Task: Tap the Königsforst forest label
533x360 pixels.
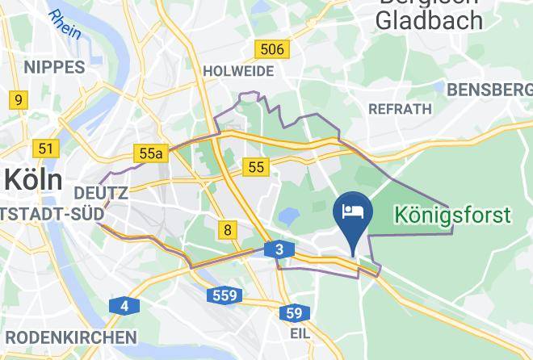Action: click(x=452, y=216)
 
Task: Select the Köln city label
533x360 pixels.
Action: click(x=32, y=179)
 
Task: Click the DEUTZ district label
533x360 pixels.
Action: click(x=100, y=194)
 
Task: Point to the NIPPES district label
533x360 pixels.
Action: click(x=55, y=67)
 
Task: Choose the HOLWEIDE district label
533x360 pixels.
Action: click(x=238, y=71)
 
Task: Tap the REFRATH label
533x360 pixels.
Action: click(x=399, y=108)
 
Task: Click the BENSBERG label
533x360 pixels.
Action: click(x=489, y=89)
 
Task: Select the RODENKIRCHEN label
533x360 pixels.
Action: click(x=68, y=337)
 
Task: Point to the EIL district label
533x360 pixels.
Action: click(x=300, y=331)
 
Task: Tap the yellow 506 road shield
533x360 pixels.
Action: click(x=272, y=50)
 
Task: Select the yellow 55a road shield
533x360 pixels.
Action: click(x=151, y=153)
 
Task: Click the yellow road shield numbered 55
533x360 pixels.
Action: click(x=257, y=167)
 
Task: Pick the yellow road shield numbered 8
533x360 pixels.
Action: click(x=228, y=231)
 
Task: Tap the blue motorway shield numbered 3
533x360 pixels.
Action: click(x=279, y=250)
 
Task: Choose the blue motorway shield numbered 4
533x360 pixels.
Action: click(x=124, y=306)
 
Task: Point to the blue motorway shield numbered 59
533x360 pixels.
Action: click(x=295, y=312)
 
